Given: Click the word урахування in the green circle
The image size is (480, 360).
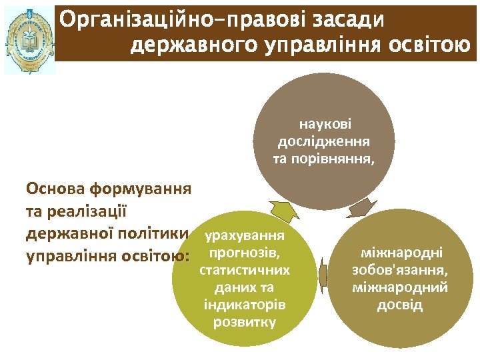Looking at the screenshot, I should click(x=245, y=236).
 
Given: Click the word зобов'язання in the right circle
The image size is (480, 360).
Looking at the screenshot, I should click(x=401, y=271).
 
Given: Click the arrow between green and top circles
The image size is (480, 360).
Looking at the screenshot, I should click(x=284, y=211).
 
